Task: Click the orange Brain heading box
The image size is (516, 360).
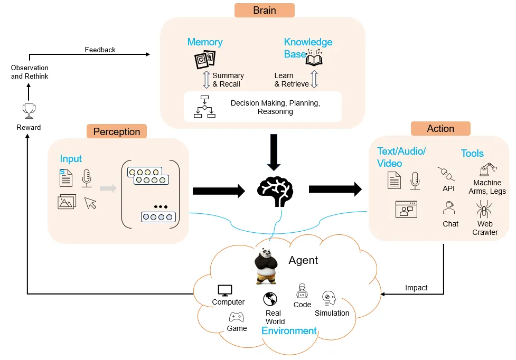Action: click(264, 10)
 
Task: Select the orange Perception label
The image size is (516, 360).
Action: click(116, 131)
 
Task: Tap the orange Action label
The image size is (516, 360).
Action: click(440, 128)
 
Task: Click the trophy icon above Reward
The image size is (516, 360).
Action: click(29, 110)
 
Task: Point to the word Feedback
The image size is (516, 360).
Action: click(100, 50)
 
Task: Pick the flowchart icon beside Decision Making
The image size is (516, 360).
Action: click(205, 106)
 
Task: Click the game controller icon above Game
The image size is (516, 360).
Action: click(236, 317)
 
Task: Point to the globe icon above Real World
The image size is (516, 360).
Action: click(270, 299)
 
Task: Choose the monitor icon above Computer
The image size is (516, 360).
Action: click(226, 290)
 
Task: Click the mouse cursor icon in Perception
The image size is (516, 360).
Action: click(91, 203)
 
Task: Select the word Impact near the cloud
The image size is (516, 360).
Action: click(416, 288)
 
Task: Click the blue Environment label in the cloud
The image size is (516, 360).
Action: click(289, 331)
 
